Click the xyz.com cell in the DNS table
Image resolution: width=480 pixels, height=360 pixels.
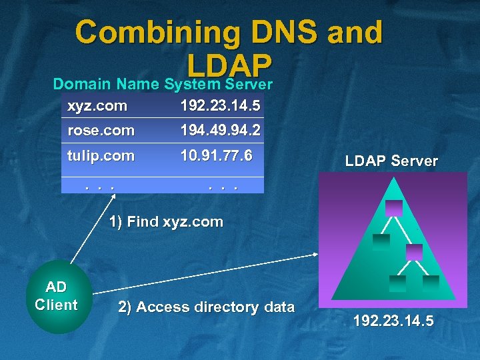97,105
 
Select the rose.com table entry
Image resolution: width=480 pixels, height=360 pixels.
101,131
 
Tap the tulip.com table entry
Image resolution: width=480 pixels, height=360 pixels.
101,156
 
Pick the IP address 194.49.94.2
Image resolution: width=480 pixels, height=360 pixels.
220,131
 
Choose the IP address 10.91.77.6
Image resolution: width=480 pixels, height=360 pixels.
216,156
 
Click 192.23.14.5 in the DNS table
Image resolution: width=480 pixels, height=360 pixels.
220,105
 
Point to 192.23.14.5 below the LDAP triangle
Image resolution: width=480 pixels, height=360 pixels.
393,321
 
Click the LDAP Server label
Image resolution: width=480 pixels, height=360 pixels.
391,161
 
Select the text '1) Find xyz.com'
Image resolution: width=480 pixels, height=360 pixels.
166,222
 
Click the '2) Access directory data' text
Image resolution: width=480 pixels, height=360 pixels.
206,307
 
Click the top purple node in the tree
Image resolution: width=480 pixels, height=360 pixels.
393,207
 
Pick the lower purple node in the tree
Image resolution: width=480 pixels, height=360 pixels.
414,251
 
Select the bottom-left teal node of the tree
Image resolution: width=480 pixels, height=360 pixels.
398,283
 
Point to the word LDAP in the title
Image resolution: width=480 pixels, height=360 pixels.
230,64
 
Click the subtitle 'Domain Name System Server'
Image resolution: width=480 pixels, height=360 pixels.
163,85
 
